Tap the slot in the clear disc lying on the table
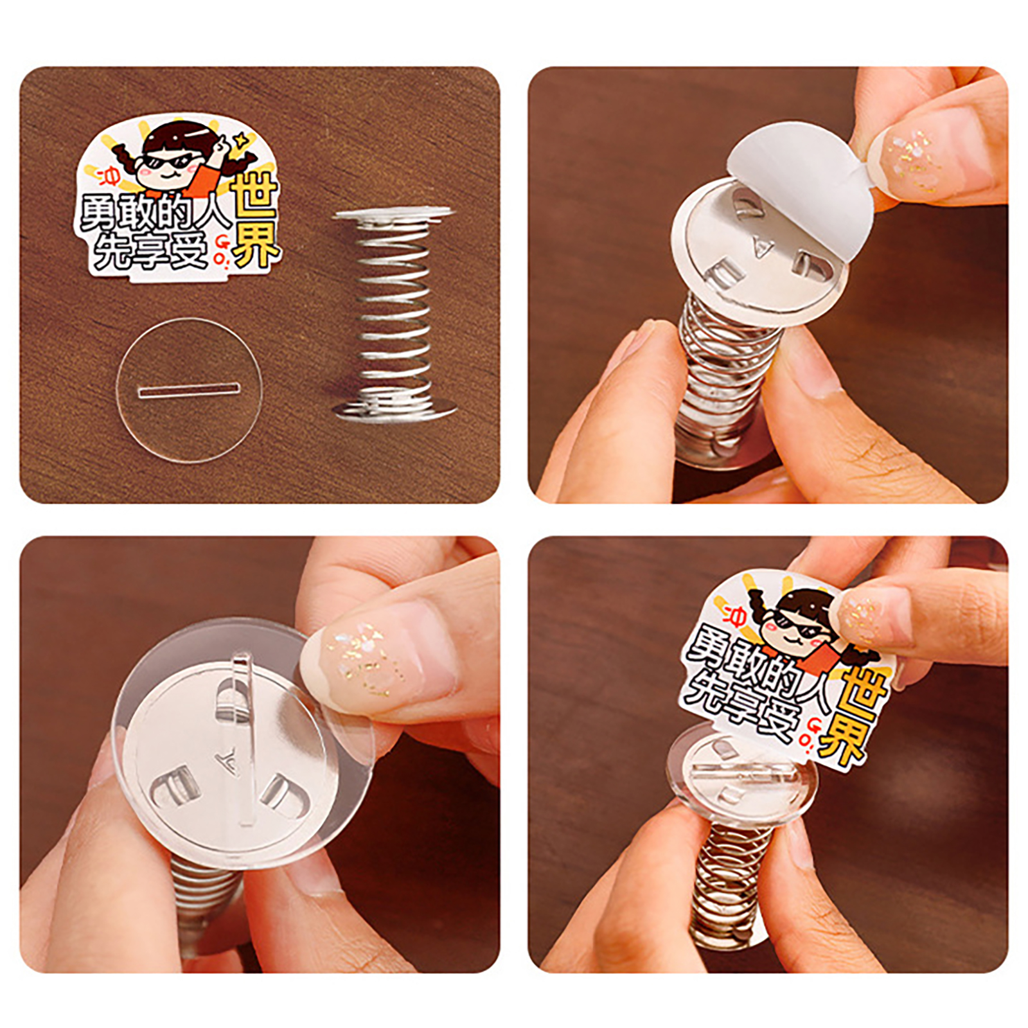189,389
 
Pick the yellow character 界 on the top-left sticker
256,244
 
